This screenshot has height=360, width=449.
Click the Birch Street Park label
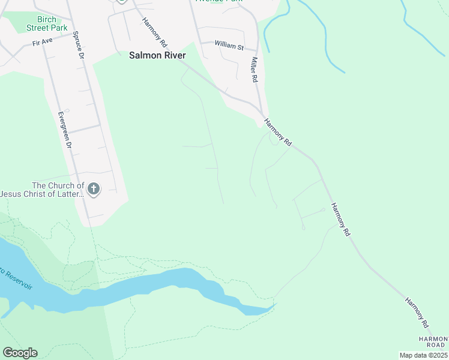(x=46, y=23)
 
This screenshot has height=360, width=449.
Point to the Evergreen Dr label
(x=64, y=130)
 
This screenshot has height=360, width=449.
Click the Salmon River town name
(x=157, y=55)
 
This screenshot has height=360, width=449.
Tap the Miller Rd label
(x=255, y=70)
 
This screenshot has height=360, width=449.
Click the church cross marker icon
(x=93, y=190)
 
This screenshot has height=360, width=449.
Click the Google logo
(x=20, y=353)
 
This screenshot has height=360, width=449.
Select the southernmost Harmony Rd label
(x=417, y=312)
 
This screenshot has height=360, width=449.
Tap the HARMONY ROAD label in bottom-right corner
(x=433, y=342)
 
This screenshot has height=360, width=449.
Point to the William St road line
(x=207, y=43)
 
